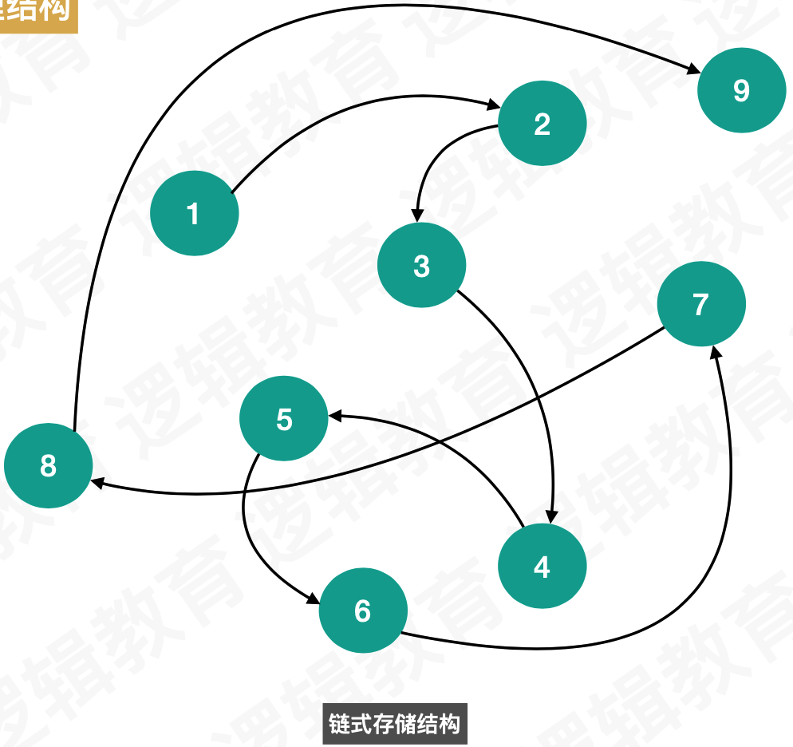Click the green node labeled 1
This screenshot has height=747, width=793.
tap(194, 213)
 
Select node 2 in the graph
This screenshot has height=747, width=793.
tap(542, 124)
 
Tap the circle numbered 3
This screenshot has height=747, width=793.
tap(421, 265)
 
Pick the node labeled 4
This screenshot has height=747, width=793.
tap(542, 566)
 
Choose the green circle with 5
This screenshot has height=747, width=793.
tap(284, 419)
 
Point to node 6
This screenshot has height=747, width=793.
tap(363, 611)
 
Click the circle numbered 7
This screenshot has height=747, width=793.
tap(700, 304)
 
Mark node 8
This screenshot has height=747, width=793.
tap(48, 465)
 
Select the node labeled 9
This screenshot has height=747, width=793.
tap(740, 90)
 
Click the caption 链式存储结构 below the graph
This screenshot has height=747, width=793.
tap(394, 724)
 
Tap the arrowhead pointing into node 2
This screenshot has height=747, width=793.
tap(494, 105)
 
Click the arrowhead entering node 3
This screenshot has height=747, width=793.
tap(416, 215)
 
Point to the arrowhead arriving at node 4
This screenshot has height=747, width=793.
tap(550, 517)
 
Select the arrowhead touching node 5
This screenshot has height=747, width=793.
tap(335, 416)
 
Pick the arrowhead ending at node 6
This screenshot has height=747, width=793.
tap(313, 599)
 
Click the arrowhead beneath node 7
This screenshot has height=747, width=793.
tap(718, 352)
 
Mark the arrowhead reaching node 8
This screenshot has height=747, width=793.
tap(97, 483)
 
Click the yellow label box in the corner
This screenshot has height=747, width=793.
tap(38, 14)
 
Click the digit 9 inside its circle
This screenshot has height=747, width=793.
tap(740, 90)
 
